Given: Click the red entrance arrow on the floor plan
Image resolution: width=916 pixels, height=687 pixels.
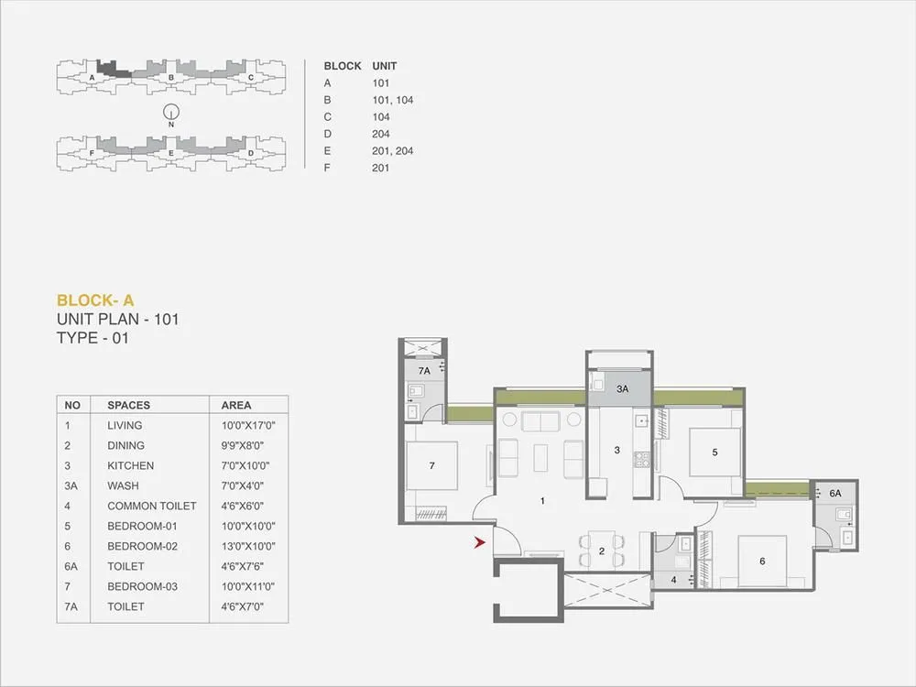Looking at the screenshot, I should (x=478, y=544).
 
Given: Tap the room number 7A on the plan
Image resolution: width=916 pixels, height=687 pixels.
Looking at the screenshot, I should (x=423, y=371).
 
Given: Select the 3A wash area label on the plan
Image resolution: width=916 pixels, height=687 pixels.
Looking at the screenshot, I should (x=622, y=389).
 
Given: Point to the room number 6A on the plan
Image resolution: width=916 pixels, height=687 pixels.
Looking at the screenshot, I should (x=834, y=493).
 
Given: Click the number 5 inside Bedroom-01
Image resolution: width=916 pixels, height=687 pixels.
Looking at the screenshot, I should (x=714, y=451).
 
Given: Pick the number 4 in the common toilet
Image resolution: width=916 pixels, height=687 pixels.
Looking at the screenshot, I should (x=673, y=579).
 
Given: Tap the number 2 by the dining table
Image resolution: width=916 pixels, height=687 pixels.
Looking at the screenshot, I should (x=601, y=551).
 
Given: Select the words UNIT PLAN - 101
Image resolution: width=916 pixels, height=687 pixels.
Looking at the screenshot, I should (x=117, y=320).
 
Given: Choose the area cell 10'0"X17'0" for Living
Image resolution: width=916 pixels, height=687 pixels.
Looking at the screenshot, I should (x=248, y=425).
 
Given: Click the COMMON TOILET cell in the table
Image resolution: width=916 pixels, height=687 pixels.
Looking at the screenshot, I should (x=151, y=506).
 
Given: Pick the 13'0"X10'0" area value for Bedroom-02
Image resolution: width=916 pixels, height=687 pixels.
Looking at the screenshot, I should (x=248, y=546).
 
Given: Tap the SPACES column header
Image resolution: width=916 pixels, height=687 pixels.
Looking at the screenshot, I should (x=128, y=405).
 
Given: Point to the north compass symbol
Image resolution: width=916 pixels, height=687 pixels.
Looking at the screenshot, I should (x=170, y=114).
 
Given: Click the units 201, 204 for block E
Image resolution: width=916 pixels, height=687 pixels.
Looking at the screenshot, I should (x=392, y=150).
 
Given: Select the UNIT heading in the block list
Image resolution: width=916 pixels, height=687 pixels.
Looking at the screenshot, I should (x=384, y=66).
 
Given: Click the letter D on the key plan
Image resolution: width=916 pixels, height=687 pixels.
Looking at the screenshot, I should (x=250, y=153).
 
